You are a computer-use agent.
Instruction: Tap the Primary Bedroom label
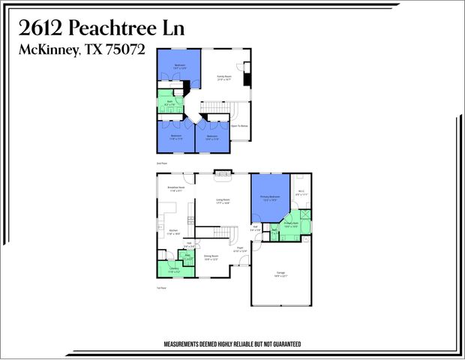click(269, 199)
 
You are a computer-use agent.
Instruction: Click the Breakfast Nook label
click(176, 189)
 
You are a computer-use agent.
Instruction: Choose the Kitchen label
click(173, 232)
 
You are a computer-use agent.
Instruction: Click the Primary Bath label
click(292, 224)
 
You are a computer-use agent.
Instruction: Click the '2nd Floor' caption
click(160, 162)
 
